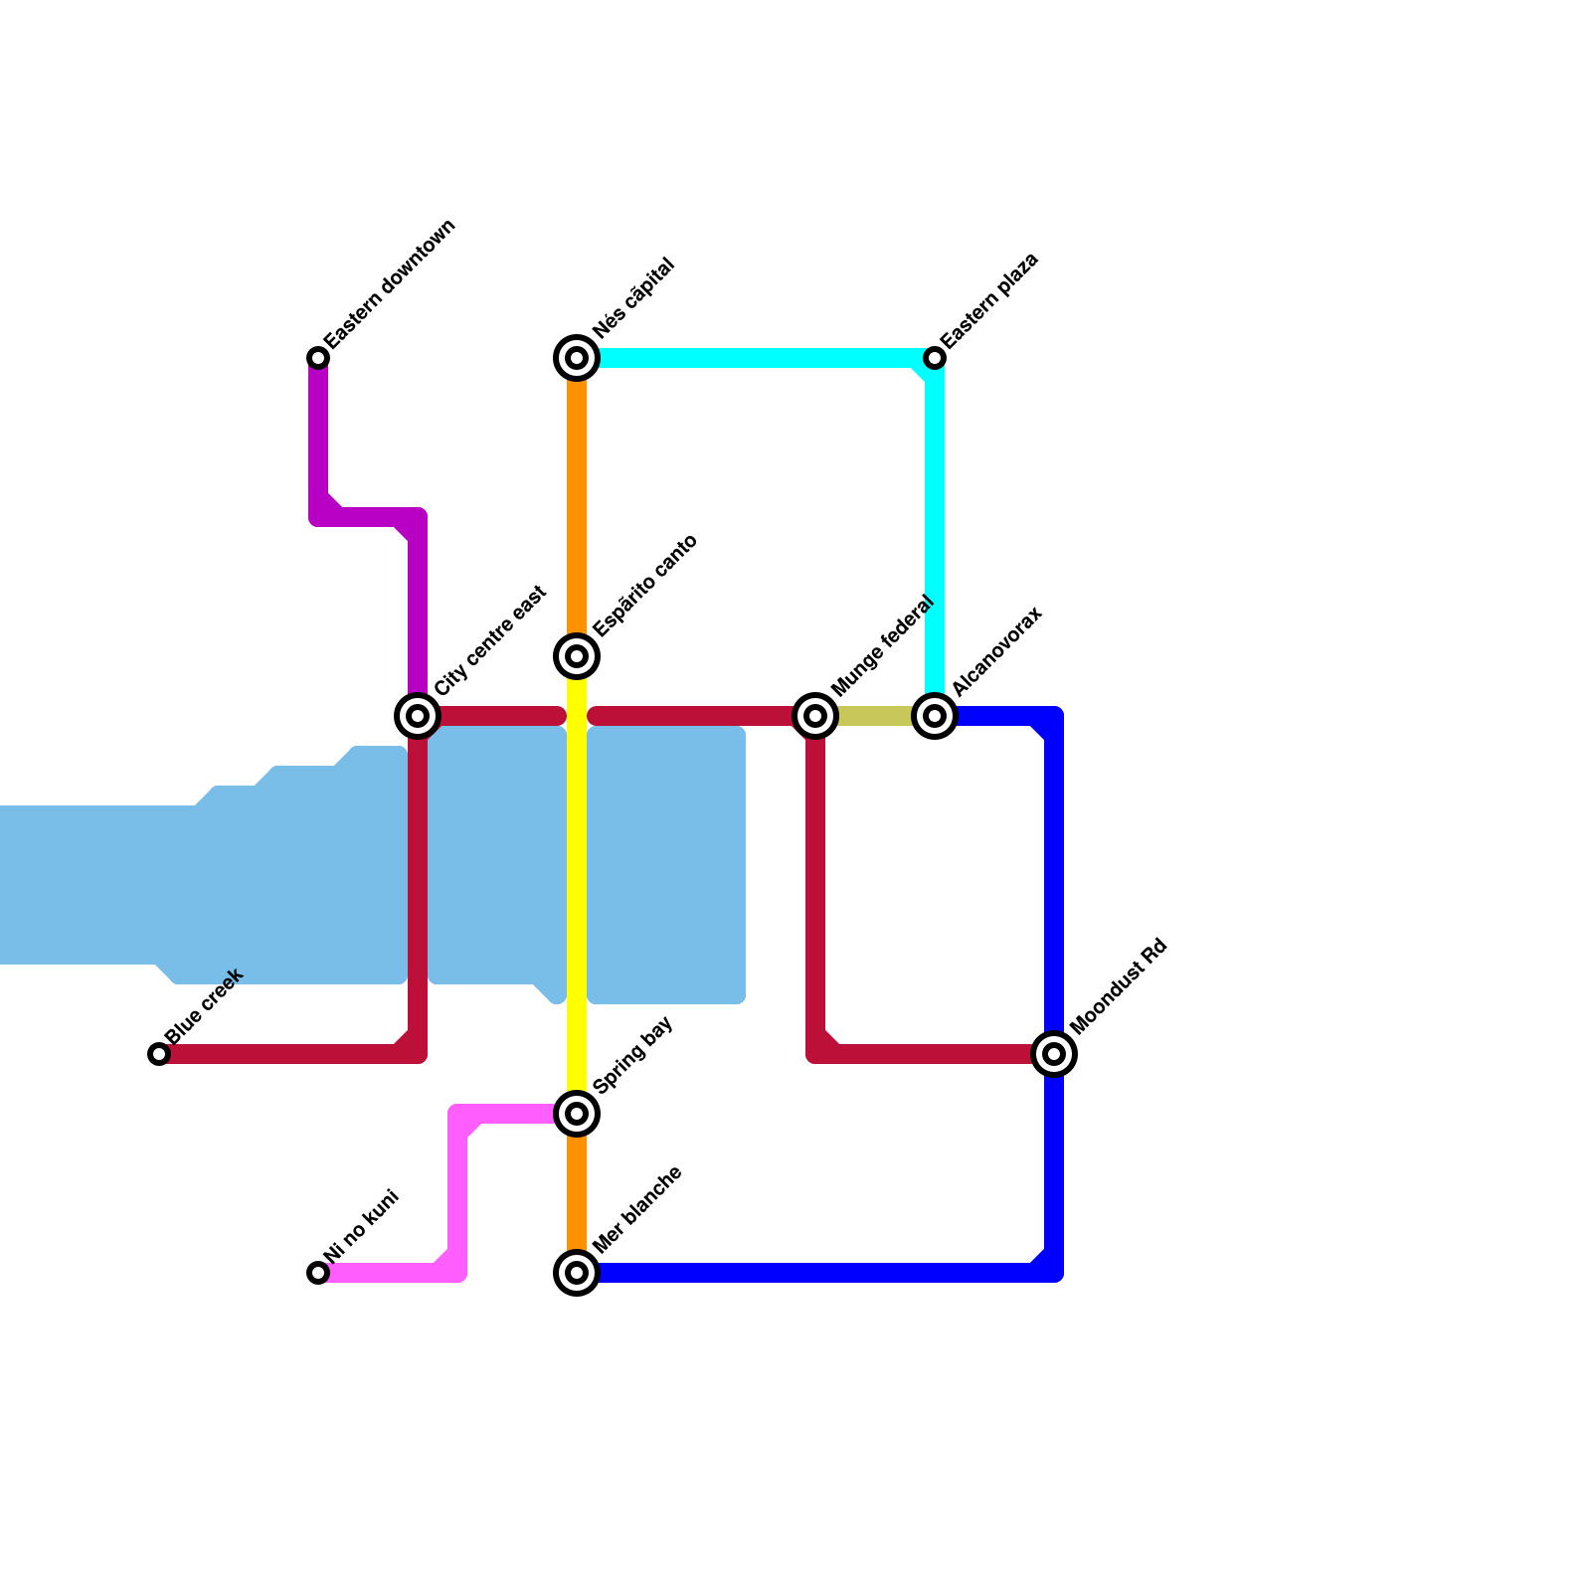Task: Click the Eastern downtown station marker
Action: pos(318,358)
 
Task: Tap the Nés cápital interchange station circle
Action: pos(577,358)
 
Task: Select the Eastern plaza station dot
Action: pos(935,358)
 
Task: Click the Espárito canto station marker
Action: pos(577,656)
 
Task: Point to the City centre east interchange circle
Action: pos(418,716)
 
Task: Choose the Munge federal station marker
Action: pos(815,716)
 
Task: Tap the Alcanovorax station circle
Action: pos(935,716)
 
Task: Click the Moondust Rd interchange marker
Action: pos(1054,1054)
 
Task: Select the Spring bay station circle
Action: pos(577,1114)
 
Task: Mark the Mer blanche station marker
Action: pos(577,1273)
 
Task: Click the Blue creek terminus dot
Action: pos(159,1054)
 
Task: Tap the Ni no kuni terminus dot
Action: pos(318,1273)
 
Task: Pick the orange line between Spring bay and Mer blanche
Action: pos(577,1193)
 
